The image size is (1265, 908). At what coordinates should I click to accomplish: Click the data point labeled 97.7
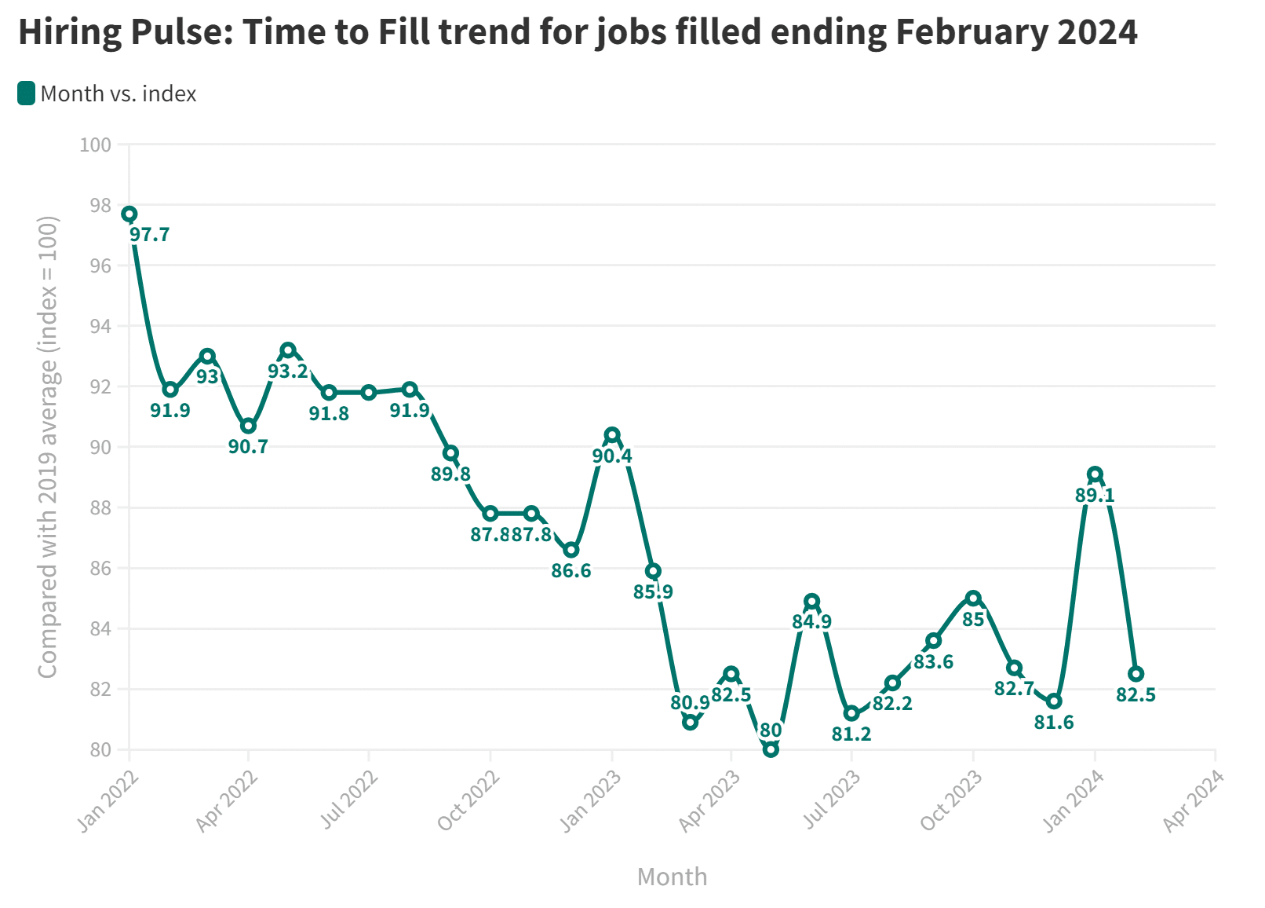click(x=129, y=214)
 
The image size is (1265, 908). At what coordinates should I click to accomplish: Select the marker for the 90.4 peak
click(x=612, y=435)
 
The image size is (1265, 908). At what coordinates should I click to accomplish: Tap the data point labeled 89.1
click(x=1095, y=474)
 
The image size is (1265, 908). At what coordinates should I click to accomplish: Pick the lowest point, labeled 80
click(x=771, y=749)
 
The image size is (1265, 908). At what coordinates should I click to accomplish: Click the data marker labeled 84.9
click(x=812, y=602)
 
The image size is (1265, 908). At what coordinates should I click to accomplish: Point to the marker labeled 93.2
click(x=288, y=350)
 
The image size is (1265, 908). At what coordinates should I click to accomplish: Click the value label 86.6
click(x=571, y=571)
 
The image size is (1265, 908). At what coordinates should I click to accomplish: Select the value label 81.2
click(x=851, y=734)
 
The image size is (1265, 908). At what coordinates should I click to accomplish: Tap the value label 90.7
click(x=248, y=447)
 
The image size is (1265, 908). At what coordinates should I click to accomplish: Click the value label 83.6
click(x=933, y=662)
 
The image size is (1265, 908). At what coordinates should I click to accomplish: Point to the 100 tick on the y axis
click(x=96, y=145)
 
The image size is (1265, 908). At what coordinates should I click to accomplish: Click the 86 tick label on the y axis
click(x=100, y=569)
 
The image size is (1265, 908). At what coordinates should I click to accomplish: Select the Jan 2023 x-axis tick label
click(x=590, y=801)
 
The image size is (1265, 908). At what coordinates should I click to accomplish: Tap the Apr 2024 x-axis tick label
click(x=1193, y=801)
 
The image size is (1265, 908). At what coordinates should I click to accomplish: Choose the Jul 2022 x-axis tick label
click(x=349, y=801)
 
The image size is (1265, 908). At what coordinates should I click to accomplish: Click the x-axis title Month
click(x=672, y=877)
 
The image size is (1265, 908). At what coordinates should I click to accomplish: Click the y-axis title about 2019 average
click(x=49, y=446)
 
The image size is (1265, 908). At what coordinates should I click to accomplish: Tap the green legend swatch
click(x=26, y=93)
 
